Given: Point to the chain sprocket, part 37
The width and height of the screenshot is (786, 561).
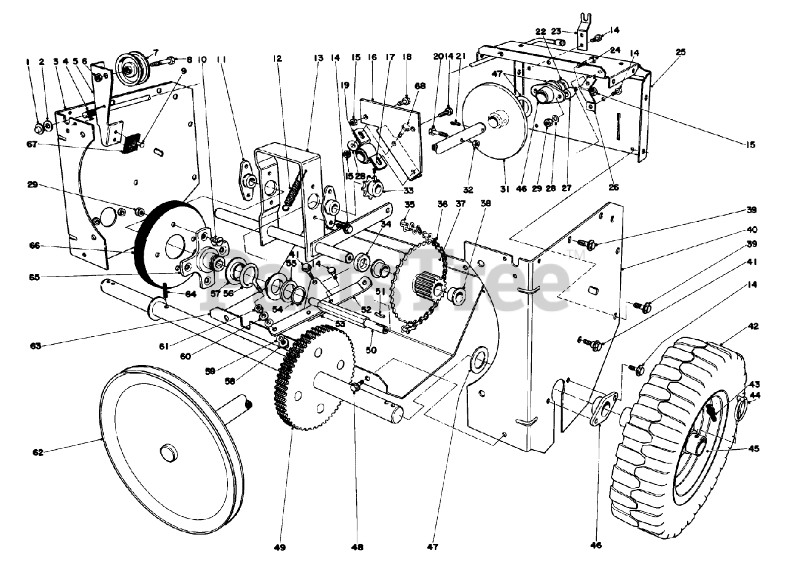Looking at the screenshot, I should tap(424, 283).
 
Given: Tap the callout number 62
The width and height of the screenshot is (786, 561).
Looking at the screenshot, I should tap(38, 453).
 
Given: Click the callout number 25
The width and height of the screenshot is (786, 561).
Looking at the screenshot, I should tap(680, 52).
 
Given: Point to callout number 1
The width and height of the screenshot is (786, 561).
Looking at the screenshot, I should tap(28, 61).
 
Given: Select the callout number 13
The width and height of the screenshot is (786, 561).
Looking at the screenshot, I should tap(317, 58).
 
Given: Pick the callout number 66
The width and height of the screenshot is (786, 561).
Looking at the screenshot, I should tap(34, 245).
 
